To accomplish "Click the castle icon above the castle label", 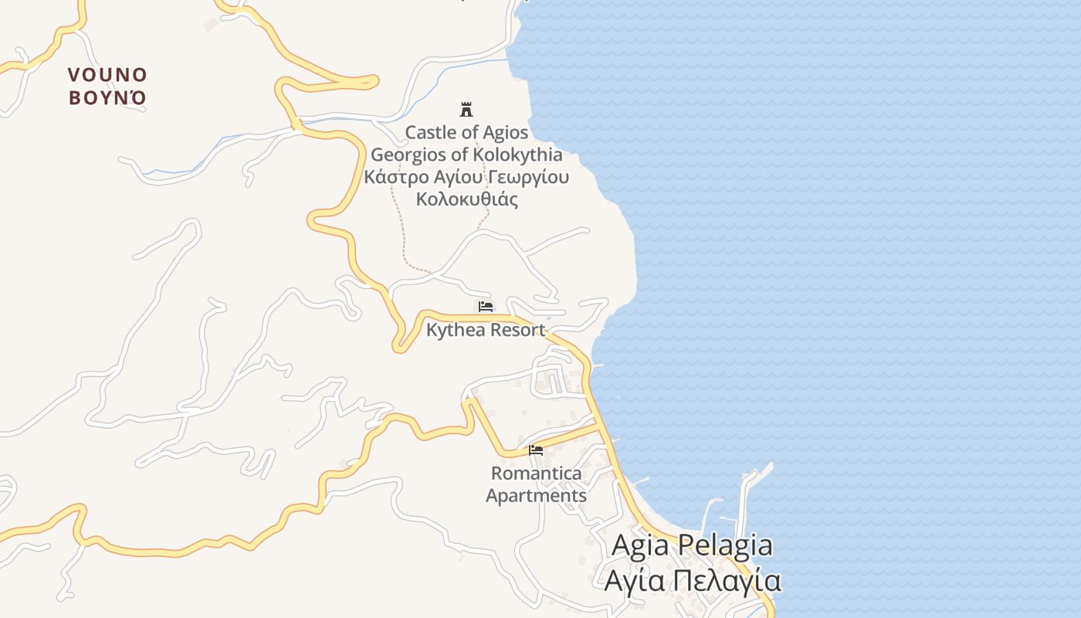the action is (x=466, y=109).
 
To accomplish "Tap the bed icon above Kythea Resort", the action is (x=486, y=307).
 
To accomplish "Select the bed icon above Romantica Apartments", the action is (x=536, y=450).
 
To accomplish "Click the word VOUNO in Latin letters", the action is (x=107, y=75).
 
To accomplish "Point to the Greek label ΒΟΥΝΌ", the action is (x=107, y=98).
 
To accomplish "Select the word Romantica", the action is (x=537, y=473).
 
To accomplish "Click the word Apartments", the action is (x=537, y=495).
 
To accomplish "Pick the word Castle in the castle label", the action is (x=431, y=132).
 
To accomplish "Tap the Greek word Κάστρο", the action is (x=394, y=177).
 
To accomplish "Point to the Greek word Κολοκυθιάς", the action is (x=466, y=199).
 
